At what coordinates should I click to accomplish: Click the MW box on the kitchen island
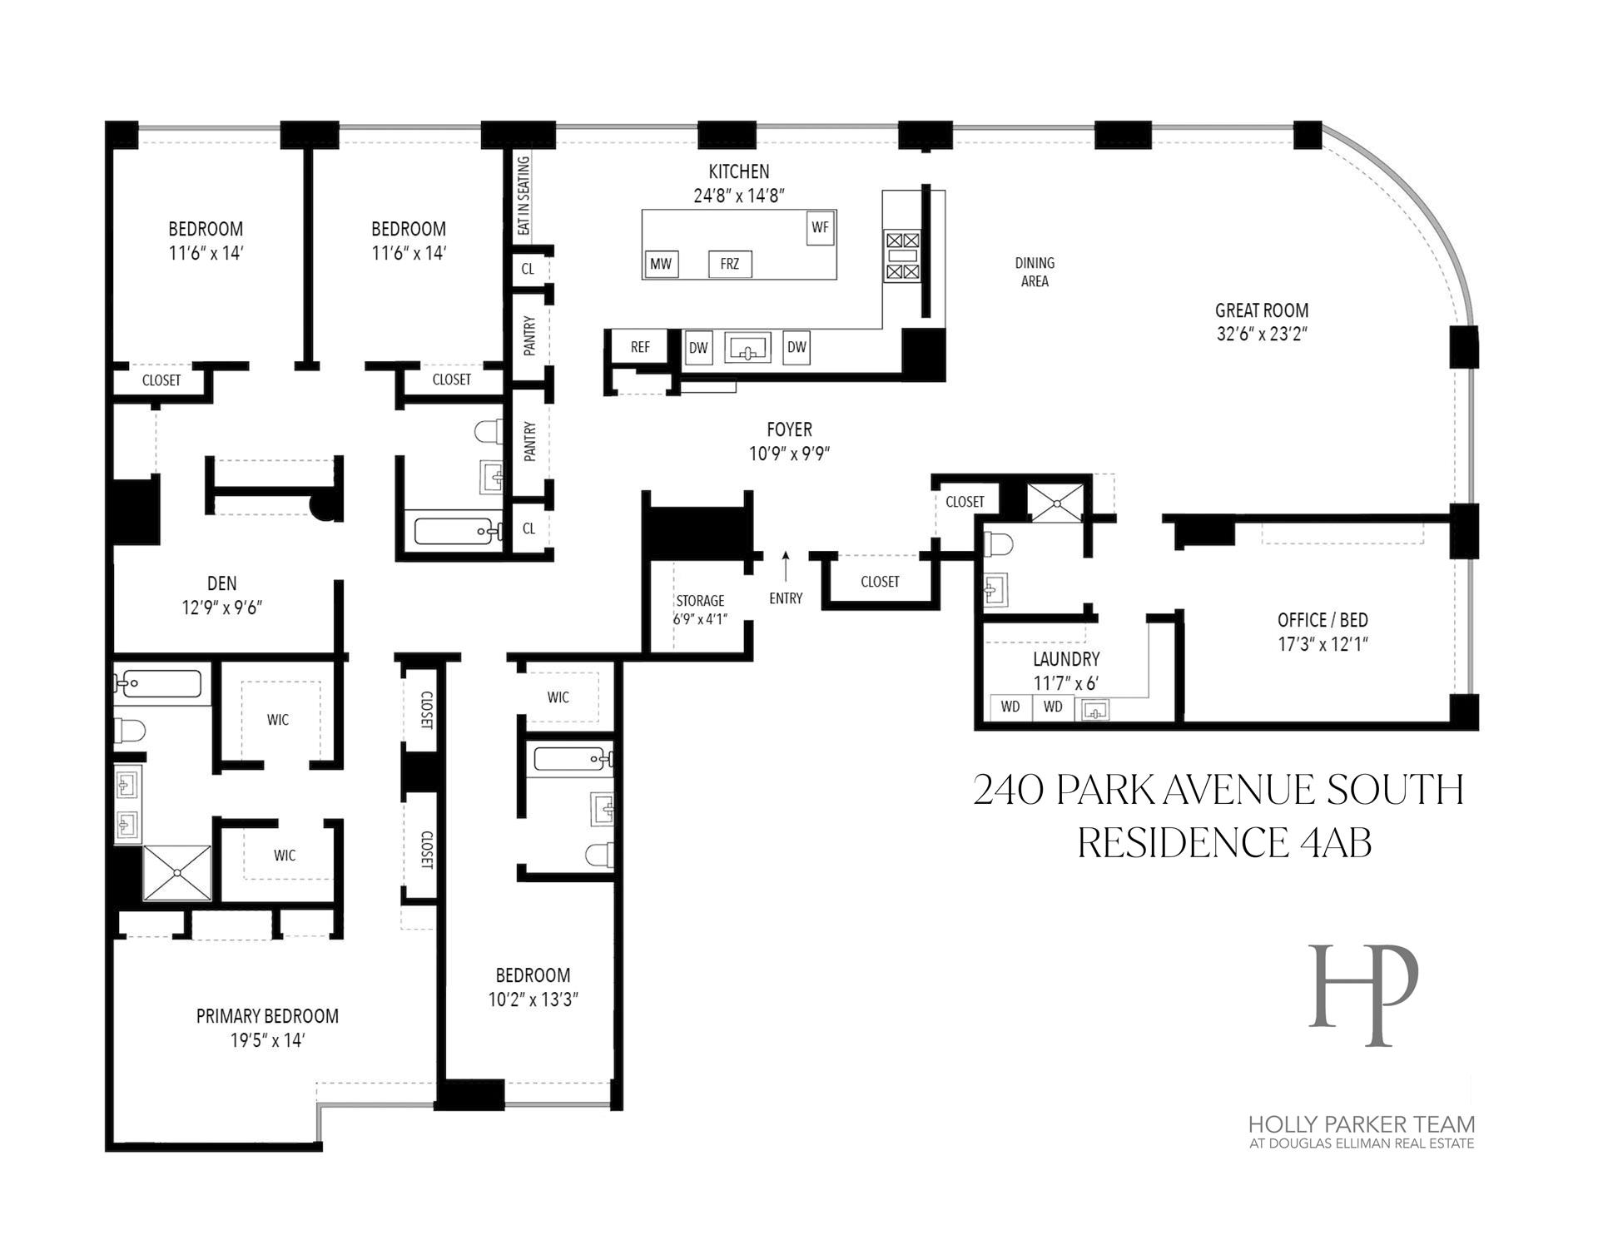click(661, 264)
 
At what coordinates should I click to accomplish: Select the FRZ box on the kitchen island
click(729, 264)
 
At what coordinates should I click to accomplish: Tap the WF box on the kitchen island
click(820, 226)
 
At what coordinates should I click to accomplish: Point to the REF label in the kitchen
click(639, 347)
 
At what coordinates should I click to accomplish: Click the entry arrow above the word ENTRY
click(785, 566)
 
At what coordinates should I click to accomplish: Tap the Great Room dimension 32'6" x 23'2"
click(1262, 335)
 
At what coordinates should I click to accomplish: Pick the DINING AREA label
click(1035, 272)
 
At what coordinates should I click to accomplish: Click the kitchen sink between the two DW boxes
click(747, 348)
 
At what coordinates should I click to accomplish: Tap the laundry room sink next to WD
click(1095, 709)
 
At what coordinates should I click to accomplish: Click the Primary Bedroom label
click(267, 1016)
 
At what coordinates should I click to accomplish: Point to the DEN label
click(221, 583)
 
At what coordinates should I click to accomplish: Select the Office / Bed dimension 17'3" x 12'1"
click(1323, 644)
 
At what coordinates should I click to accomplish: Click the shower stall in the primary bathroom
click(177, 872)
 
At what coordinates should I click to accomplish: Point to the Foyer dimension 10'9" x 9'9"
click(789, 454)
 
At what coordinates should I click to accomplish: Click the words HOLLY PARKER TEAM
click(1361, 1124)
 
